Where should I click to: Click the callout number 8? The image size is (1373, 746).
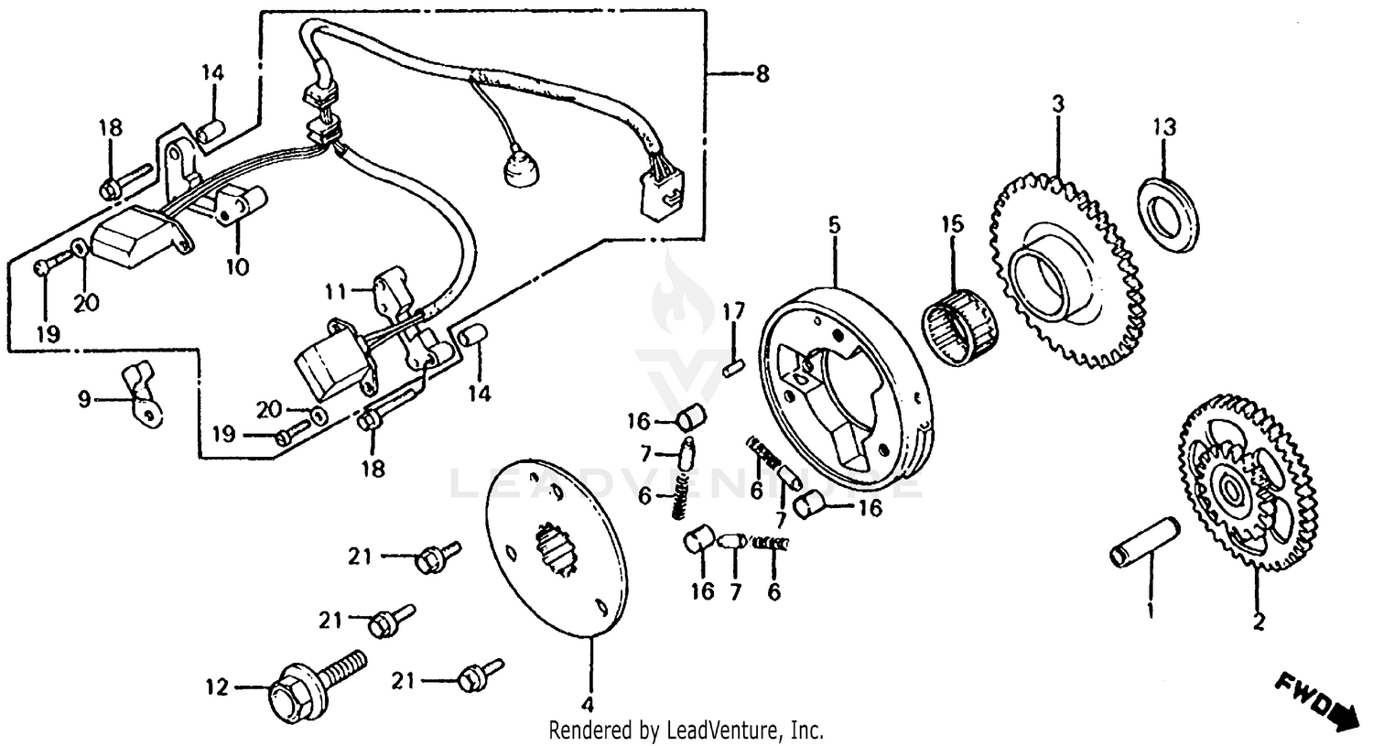762,74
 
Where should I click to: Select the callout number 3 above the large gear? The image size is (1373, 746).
1058,104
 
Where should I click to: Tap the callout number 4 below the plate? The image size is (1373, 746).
589,706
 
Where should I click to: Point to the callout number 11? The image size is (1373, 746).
336,292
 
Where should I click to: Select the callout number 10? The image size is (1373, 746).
237,266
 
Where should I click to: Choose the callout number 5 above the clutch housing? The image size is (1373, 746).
834,225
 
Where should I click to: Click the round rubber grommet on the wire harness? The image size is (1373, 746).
520,170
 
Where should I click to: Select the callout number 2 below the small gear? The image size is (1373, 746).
1258,622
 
